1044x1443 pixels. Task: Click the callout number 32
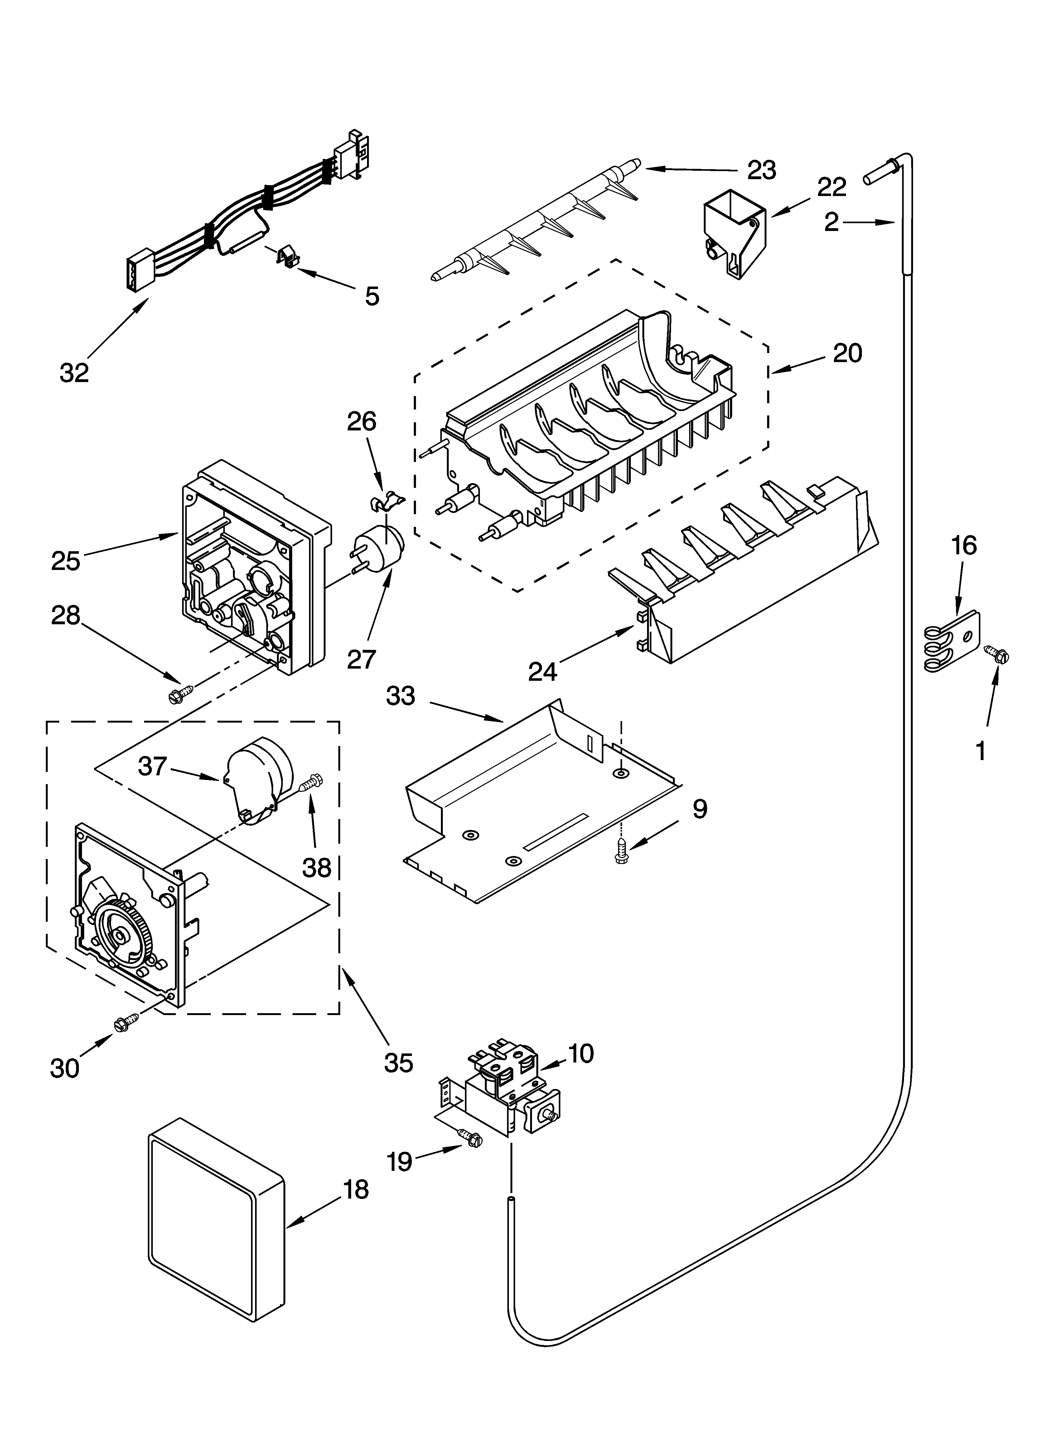75,373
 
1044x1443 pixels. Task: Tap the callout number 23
762,170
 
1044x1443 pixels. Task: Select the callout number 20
848,353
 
